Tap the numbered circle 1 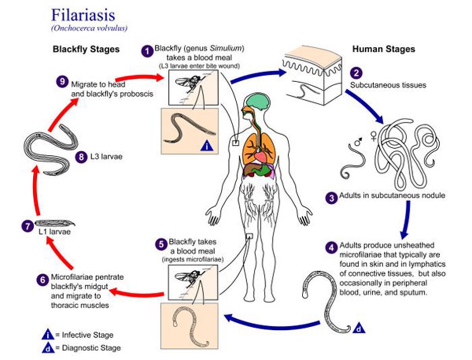click(148, 51)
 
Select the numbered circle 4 click(331, 248)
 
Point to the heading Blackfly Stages click(86, 49)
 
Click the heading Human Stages click(384, 49)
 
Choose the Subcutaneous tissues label click(388, 85)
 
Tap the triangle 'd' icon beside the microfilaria click(357, 328)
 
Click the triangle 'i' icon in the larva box click(207, 146)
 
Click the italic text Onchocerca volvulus click(89, 28)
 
